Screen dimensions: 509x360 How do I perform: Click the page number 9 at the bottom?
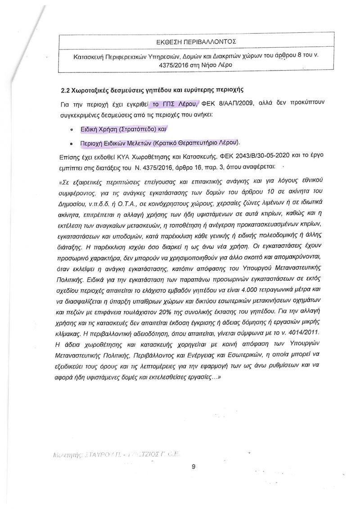point(193,466)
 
